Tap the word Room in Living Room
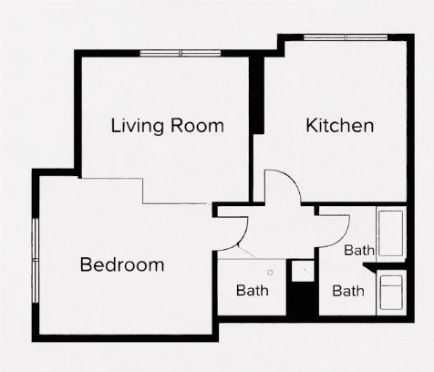tap(196, 126)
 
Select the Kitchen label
tap(339, 126)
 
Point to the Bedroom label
tap(122, 265)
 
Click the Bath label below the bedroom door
tap(253, 292)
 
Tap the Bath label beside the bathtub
tap(359, 249)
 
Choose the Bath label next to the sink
tap(348, 292)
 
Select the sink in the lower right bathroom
tap(393, 293)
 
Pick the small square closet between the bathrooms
tap(300, 271)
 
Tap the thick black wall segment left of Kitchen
tap(258, 97)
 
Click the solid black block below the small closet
tap(300, 299)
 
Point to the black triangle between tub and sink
tap(371, 266)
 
